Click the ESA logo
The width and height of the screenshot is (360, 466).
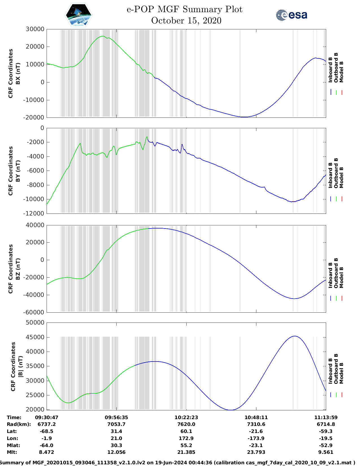click(x=292, y=15)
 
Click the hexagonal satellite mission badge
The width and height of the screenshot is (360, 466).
click(x=78, y=15)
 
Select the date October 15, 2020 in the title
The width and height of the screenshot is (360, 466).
click(x=186, y=21)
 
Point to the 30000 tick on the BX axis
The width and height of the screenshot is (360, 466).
click(x=35, y=29)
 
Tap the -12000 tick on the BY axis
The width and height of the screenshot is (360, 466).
click(x=35, y=214)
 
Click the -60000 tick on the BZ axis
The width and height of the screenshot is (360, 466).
click(x=35, y=312)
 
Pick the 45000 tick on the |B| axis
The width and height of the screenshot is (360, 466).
click(x=35, y=337)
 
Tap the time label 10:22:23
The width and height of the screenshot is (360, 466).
click(x=186, y=417)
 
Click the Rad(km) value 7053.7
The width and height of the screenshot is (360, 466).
click(x=116, y=424)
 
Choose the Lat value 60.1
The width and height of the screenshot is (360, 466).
click(x=186, y=432)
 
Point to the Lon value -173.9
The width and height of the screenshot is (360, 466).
click(x=256, y=439)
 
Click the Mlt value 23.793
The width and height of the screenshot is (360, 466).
click(x=256, y=452)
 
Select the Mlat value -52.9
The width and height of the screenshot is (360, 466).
click(x=326, y=445)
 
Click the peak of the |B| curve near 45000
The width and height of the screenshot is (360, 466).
click(x=294, y=336)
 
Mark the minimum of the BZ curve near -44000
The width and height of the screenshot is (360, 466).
click(x=294, y=299)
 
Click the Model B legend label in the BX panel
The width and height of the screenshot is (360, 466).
click(x=341, y=72)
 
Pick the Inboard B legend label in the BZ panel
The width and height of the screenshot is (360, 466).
click(x=331, y=275)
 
